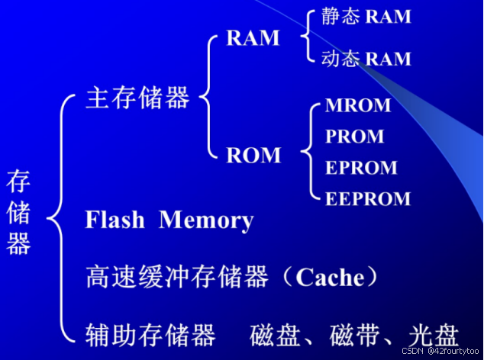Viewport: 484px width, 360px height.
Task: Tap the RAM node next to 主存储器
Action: [x=253, y=39]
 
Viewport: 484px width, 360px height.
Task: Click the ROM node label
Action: [x=253, y=156]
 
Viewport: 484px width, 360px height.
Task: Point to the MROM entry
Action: [x=358, y=105]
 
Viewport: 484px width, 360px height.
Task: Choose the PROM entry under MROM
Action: [x=354, y=137]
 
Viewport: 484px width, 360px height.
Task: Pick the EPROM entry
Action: [x=361, y=168]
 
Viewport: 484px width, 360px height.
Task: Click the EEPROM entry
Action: [x=367, y=199]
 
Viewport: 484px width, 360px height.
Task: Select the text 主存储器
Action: [x=138, y=98]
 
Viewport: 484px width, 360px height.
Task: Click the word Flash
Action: [x=115, y=220]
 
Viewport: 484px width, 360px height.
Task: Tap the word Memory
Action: [x=206, y=220]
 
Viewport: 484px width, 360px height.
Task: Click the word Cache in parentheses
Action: [x=330, y=277]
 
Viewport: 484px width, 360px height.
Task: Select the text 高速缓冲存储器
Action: [x=176, y=277]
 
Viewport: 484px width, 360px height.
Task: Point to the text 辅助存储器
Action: [x=150, y=333]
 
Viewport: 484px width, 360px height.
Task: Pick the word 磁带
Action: [x=355, y=334]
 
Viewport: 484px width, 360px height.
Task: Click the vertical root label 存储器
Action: [x=18, y=212]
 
